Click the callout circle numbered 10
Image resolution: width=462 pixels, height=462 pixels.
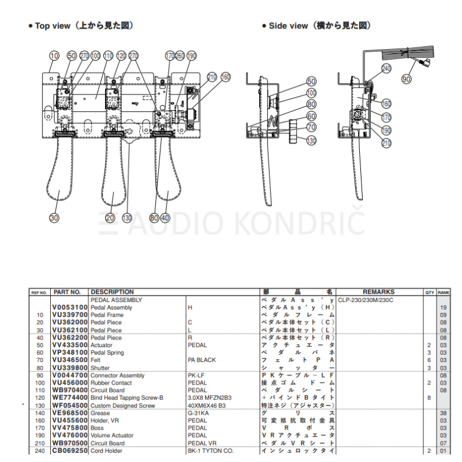54,56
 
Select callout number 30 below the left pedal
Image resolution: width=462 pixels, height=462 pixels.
54,218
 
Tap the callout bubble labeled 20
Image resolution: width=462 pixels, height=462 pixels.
110,218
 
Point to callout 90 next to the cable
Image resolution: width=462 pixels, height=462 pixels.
407,79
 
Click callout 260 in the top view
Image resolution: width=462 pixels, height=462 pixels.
180,56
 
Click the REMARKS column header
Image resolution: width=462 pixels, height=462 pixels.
378,292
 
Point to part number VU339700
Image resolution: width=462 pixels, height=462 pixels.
69,315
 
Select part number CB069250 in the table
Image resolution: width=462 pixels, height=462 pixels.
69,450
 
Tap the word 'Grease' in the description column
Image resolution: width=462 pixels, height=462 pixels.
100,413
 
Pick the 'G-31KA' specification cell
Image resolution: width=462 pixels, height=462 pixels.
198,413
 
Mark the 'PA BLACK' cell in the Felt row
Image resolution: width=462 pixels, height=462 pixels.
202,360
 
